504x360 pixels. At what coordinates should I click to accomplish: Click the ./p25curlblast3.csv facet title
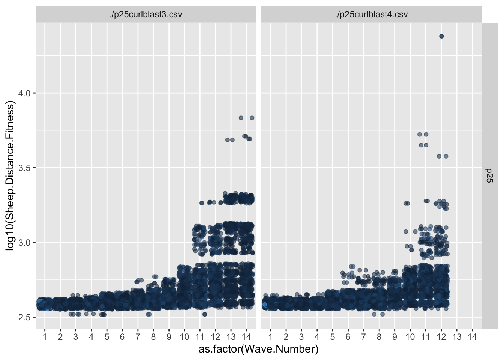[x=145, y=15]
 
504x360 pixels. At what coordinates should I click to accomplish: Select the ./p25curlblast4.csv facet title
[x=371, y=15]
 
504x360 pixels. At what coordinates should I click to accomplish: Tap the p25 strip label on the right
[x=489, y=175]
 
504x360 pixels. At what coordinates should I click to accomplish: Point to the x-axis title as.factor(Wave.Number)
[x=258, y=349]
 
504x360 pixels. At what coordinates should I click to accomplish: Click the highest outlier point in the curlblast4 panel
[x=441, y=36]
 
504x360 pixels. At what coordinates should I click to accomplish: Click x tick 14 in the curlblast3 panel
[x=246, y=337]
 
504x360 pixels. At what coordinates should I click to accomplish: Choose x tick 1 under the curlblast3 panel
[x=45, y=337]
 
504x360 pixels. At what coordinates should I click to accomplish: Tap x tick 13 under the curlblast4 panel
[x=457, y=337]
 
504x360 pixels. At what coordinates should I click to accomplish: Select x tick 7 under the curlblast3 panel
[x=138, y=337]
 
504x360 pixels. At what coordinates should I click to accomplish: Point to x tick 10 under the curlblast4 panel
[x=410, y=337]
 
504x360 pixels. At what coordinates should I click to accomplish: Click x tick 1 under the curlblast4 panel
[x=270, y=337]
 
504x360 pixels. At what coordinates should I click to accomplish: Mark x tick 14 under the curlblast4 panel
[x=472, y=337]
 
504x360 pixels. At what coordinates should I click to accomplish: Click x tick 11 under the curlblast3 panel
[x=200, y=337]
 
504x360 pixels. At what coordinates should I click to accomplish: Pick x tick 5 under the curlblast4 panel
[x=333, y=337]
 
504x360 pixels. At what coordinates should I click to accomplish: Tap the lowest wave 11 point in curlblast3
[x=204, y=314]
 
